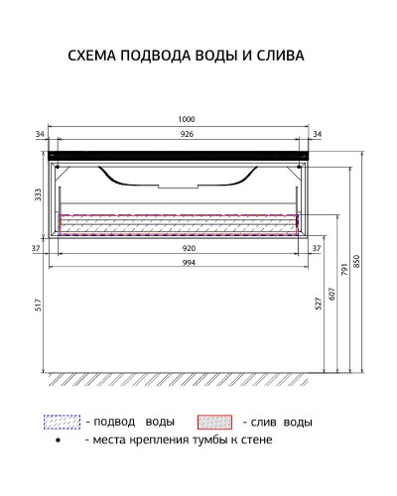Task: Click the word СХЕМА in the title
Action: click(93, 56)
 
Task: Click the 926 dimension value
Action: click(186, 133)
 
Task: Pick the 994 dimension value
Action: click(186, 263)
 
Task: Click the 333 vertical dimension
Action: click(40, 196)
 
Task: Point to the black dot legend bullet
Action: click(61, 439)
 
